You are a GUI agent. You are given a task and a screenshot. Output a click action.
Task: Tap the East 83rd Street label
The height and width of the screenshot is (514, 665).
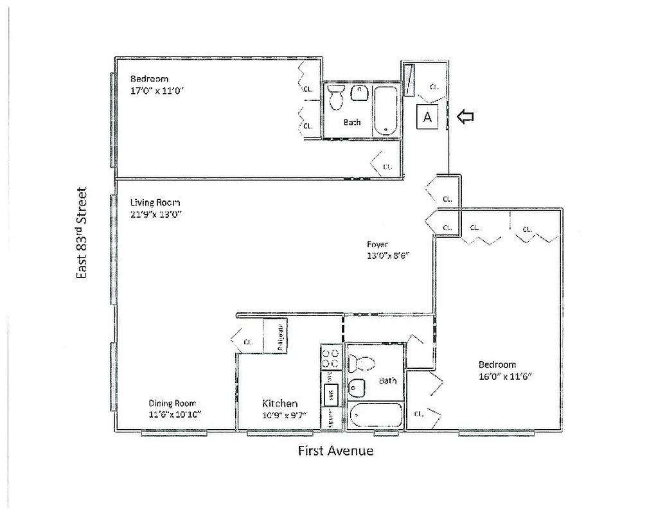[x=81, y=233]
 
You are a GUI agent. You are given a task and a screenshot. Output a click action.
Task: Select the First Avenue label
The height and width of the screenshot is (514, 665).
[x=335, y=450]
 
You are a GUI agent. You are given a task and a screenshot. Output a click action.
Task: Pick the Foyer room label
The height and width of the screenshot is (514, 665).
[x=377, y=244]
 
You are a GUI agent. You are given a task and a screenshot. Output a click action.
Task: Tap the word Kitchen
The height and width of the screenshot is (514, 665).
[x=279, y=403]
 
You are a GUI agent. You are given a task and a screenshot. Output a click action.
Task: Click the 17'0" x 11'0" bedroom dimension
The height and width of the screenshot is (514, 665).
[x=157, y=91]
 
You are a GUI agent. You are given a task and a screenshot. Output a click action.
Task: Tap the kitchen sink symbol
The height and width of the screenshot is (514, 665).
[x=332, y=393]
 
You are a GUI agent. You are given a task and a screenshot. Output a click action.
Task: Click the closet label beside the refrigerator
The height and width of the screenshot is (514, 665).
[x=248, y=342]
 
